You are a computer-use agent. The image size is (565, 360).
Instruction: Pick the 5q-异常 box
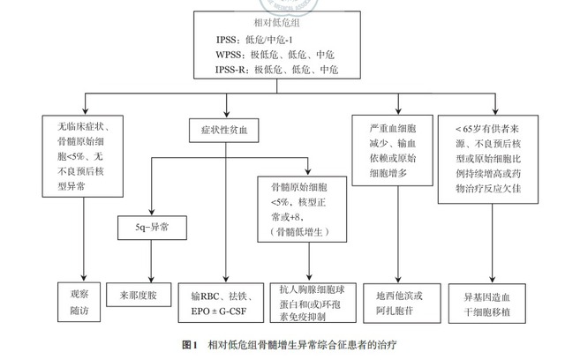point(148,227)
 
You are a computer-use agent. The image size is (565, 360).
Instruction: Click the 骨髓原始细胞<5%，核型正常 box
point(304,208)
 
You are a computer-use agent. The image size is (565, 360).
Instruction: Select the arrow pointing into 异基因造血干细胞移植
point(484,272)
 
